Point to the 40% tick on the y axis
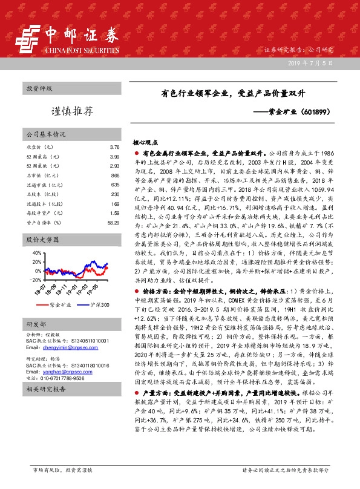[35, 253]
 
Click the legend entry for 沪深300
[97, 304]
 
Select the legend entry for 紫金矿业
[60, 304]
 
